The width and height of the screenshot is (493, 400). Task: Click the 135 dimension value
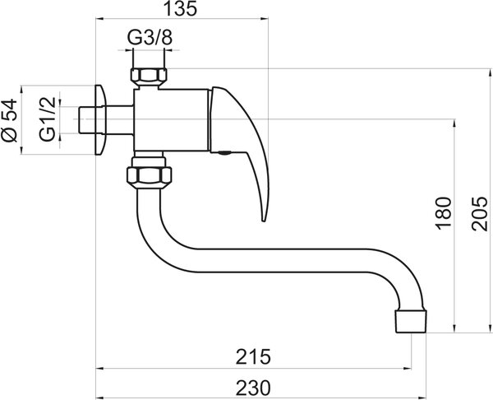[x=181, y=8]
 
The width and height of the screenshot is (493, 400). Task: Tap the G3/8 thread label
[x=150, y=38]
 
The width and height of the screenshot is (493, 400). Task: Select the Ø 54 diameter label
[x=10, y=120]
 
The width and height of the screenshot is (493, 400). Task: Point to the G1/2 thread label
[x=48, y=119]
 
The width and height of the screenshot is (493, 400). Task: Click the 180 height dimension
[x=444, y=213]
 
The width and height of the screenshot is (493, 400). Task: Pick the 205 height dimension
[x=479, y=214]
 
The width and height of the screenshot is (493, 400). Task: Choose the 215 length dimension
[x=253, y=357]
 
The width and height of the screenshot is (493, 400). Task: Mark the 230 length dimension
[x=253, y=388]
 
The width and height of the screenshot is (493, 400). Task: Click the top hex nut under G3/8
[x=149, y=76]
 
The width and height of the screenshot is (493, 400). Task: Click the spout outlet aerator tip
[x=411, y=321]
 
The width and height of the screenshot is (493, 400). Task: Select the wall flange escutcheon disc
[x=100, y=120]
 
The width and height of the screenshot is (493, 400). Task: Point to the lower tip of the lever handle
[x=264, y=221]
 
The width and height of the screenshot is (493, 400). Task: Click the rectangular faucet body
[x=172, y=119]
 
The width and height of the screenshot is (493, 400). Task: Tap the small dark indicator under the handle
[x=224, y=153]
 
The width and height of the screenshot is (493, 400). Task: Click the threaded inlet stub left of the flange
[x=86, y=120]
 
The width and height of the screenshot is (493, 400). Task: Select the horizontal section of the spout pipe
[x=280, y=260]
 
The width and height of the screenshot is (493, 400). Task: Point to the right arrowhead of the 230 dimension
[x=422, y=398]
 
